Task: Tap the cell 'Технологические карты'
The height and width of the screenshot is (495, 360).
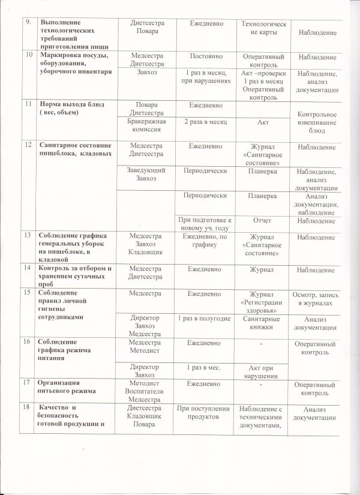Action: tap(263, 27)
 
